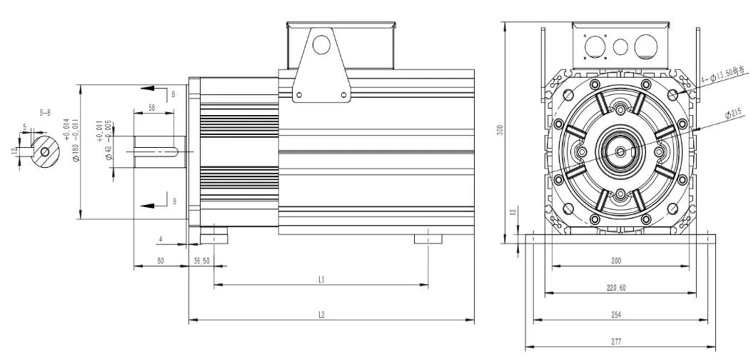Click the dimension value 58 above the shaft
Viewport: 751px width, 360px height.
point(151,107)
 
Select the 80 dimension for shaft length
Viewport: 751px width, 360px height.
point(161,261)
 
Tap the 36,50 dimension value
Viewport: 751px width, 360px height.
point(201,261)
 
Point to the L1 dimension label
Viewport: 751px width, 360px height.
point(322,281)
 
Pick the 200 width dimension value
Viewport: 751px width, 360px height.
point(615,261)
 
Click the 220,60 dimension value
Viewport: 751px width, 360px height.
point(615,288)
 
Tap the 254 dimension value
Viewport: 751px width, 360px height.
point(615,314)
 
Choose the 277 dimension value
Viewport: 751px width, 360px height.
point(615,341)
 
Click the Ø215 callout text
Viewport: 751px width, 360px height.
point(733,112)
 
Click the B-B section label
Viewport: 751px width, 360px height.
point(44,112)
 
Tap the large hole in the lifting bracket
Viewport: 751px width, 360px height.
point(321,44)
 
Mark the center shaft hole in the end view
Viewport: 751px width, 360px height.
point(620,151)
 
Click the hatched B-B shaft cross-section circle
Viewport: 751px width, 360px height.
point(45,151)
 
